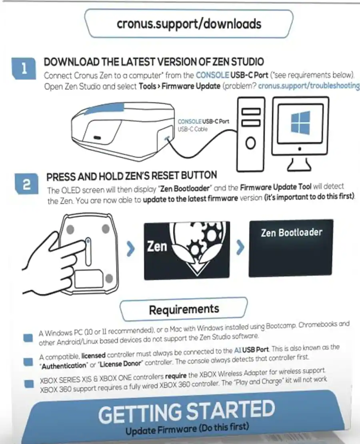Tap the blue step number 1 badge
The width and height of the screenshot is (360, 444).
[x=24, y=69]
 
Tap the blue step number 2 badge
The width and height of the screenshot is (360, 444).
[x=26, y=185]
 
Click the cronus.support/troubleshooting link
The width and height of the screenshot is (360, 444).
[x=308, y=86]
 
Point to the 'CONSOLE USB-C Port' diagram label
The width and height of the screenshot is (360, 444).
[x=203, y=121]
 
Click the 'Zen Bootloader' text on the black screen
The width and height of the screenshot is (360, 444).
[x=291, y=232]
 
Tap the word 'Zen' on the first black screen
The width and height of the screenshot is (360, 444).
[x=157, y=246]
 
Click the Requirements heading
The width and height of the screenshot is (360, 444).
[x=184, y=309]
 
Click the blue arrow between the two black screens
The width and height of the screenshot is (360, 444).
[x=240, y=248]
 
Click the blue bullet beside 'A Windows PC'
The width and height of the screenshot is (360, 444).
[x=28, y=337]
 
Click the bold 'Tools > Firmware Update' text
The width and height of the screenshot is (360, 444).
[x=179, y=86]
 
